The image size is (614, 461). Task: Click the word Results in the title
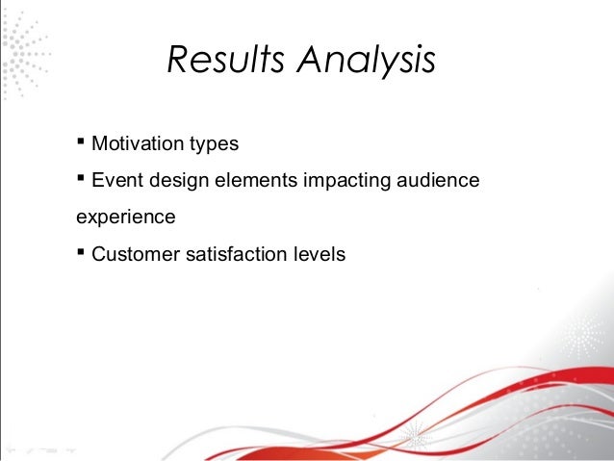(224, 60)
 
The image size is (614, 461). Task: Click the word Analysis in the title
(365, 61)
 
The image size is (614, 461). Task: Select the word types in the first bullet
(215, 144)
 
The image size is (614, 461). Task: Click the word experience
(125, 218)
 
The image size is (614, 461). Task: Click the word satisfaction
(237, 255)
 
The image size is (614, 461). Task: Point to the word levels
(319, 255)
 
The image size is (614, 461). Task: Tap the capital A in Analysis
(307, 60)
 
